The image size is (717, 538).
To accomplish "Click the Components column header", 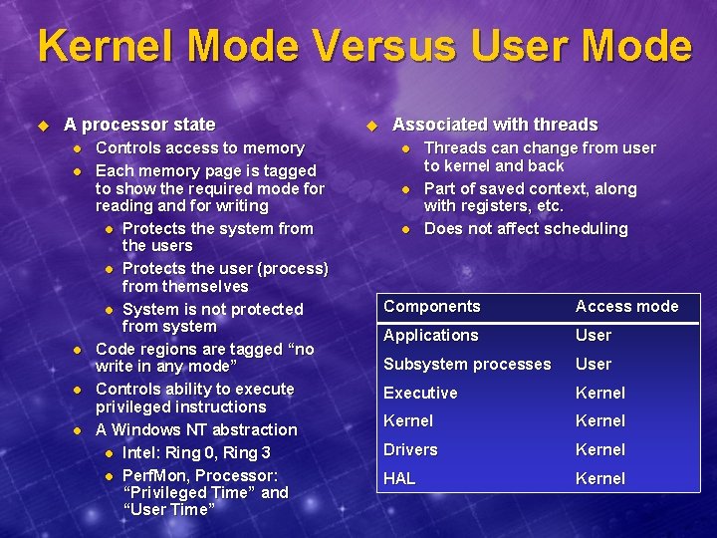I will tap(431, 307).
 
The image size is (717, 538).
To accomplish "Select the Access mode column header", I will tap(626, 307).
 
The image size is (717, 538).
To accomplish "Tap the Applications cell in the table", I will tap(430, 336).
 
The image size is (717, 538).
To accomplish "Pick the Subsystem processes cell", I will tap(467, 365).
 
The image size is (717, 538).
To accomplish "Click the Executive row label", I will tap(420, 394).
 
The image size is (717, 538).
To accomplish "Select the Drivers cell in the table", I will tap(410, 450).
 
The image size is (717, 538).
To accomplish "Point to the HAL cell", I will tap(399, 479).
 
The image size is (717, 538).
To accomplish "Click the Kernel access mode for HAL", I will tap(600, 479).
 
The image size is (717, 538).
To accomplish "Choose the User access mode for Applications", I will tap(594, 336).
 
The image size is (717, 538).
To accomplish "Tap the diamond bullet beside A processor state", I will tap(43, 126).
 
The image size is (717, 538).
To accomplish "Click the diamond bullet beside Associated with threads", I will tap(371, 126).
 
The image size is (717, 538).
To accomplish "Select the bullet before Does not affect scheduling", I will tap(405, 229).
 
